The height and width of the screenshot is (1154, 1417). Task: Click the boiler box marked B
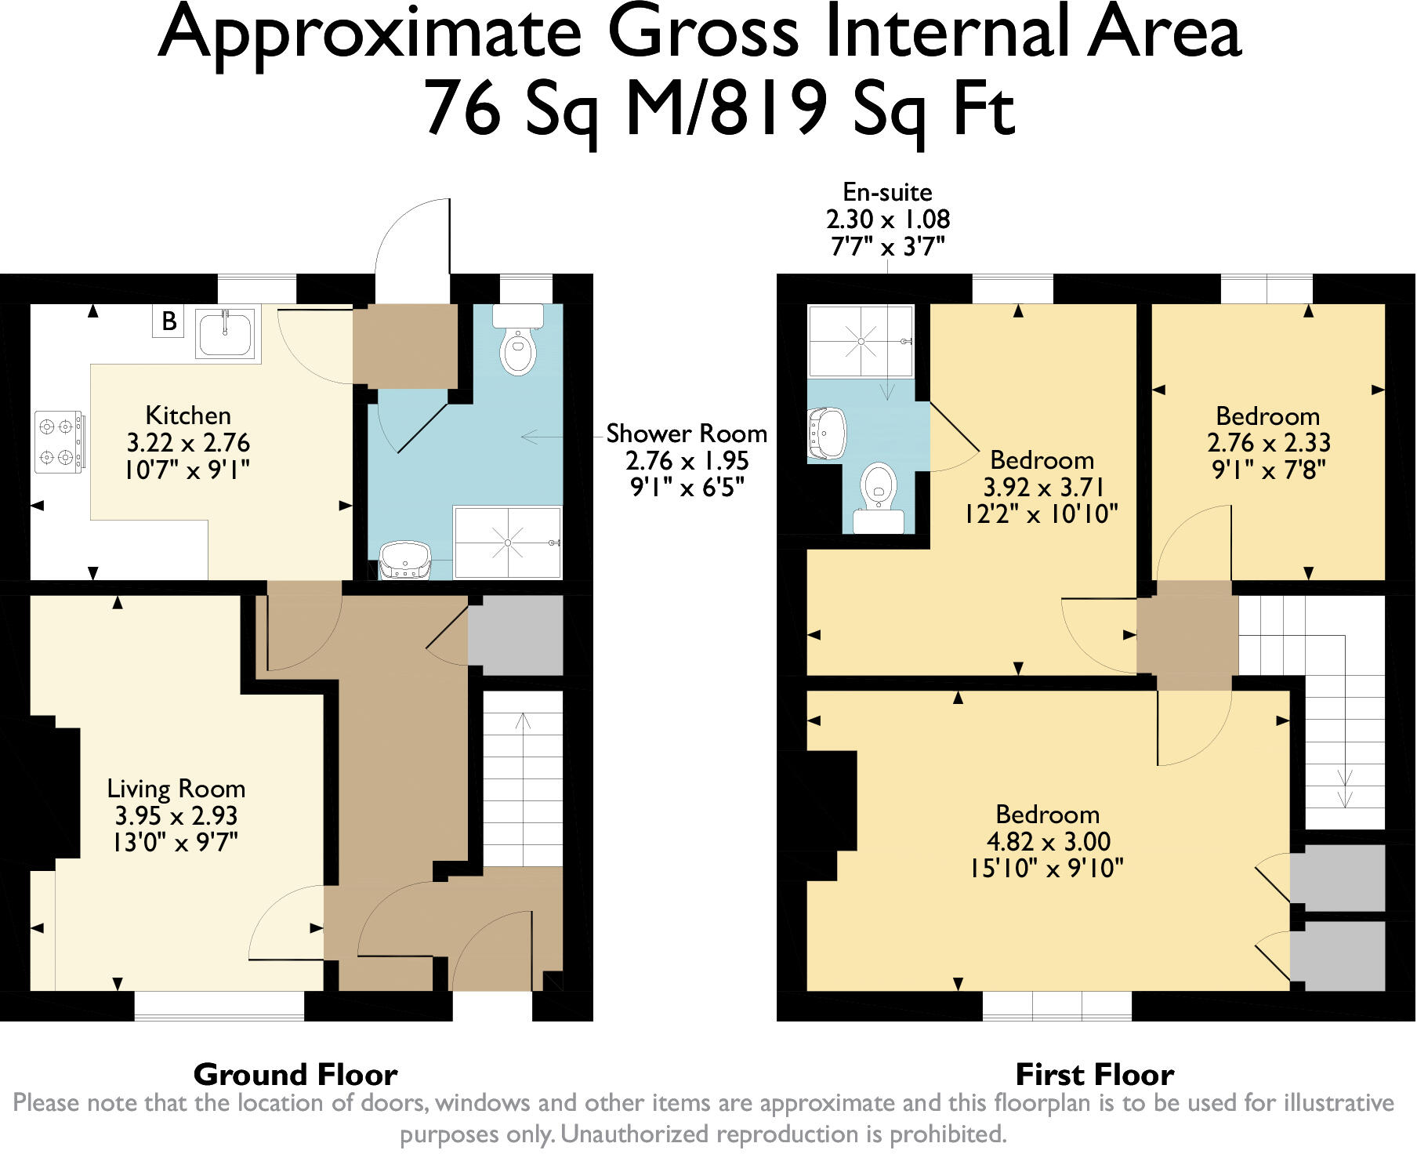[169, 321]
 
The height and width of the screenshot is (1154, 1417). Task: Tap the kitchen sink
[227, 333]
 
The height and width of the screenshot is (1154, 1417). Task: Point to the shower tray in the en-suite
[861, 341]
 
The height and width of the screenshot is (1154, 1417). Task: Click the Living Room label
[176, 788]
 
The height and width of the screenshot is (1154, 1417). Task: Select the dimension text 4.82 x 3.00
[1048, 841]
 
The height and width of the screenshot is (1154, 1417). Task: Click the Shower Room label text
[687, 434]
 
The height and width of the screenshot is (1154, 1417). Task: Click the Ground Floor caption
[295, 1073]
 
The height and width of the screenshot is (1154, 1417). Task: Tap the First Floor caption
[1094, 1073]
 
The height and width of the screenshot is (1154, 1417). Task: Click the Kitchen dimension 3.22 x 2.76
[188, 442]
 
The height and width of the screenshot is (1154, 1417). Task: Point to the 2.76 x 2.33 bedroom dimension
[1268, 442]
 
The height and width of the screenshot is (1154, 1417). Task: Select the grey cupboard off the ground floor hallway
[516, 634]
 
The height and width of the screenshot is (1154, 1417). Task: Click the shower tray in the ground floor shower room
[508, 543]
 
